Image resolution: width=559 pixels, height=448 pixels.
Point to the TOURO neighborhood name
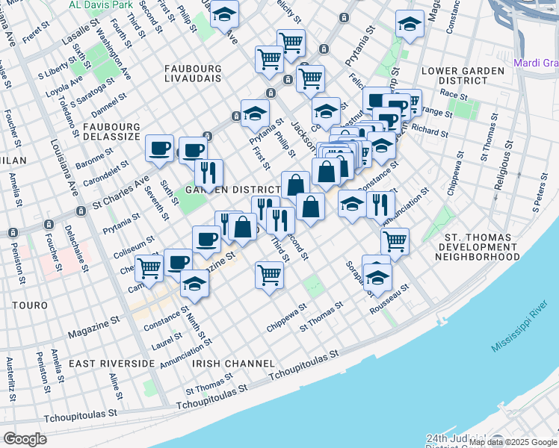[x=30, y=306]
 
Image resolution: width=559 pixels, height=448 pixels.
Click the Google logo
[x=25, y=439]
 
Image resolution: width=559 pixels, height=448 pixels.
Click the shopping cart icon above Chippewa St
[x=269, y=273]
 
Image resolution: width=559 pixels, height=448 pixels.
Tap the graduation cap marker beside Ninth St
[x=194, y=284]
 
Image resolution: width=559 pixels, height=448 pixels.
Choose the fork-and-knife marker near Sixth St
[x=209, y=172]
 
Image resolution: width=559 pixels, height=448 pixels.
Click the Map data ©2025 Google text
[x=513, y=442]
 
